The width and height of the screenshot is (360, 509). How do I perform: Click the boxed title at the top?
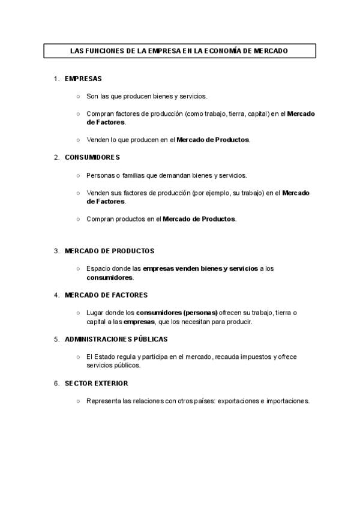(x=179, y=52)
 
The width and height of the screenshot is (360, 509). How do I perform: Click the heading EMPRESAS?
(x=83, y=79)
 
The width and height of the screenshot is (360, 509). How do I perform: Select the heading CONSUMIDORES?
(x=92, y=157)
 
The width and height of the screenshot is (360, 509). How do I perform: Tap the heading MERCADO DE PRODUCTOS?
(x=109, y=251)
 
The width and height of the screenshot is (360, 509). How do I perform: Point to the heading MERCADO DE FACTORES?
(x=106, y=295)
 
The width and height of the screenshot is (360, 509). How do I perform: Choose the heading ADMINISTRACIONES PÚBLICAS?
(x=116, y=339)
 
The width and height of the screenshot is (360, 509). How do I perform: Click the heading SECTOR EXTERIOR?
(x=96, y=383)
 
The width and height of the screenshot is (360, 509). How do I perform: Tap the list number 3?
(x=56, y=251)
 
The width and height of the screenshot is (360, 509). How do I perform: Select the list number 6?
(x=56, y=383)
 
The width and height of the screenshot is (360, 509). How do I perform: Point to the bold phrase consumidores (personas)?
(x=176, y=313)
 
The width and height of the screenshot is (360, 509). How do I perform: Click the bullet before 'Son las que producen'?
(x=78, y=96)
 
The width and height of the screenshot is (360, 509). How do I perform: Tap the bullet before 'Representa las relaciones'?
(x=78, y=401)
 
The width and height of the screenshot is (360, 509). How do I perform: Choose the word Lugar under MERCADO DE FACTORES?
(x=95, y=313)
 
